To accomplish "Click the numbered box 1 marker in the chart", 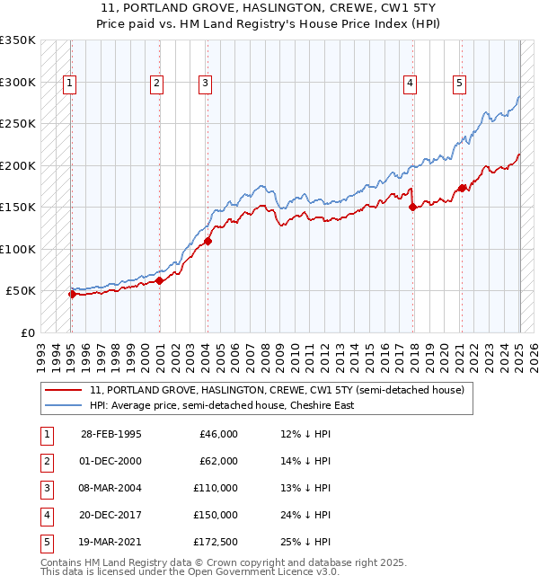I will pyautogui.click(x=69, y=84).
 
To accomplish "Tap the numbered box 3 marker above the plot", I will pyautogui.click(x=206, y=84).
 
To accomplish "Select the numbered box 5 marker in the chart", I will pyautogui.click(x=459, y=84).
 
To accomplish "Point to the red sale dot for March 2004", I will pyautogui.click(x=208, y=241).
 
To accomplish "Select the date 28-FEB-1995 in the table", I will pyautogui.click(x=110, y=434).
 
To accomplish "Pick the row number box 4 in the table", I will pyautogui.click(x=46, y=515).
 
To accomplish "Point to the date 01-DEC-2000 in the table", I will pyautogui.click(x=110, y=461).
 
